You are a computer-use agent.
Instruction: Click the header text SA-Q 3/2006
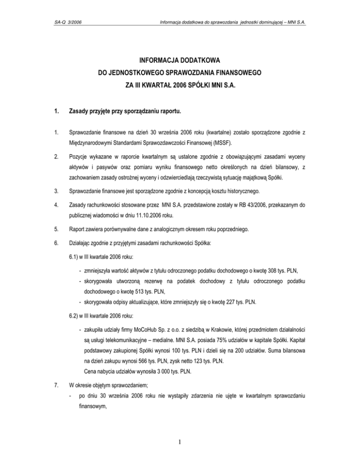pos(69,22)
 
